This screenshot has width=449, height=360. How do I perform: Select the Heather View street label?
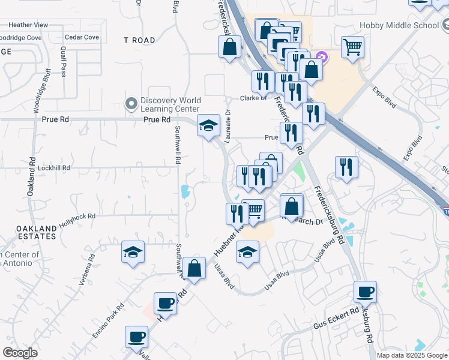pyautogui.click(x=28, y=25)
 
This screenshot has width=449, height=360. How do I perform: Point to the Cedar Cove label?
pyautogui.click(x=82, y=37)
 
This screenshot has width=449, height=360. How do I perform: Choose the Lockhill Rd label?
pyautogui.click(x=54, y=169)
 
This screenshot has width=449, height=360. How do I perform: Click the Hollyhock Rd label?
pyautogui.click(x=77, y=220)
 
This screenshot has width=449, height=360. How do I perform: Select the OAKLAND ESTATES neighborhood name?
pyautogui.click(x=36, y=233)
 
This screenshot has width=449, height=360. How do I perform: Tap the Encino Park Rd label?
pyautogui.click(x=109, y=322)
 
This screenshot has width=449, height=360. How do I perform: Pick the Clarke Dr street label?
pyautogui.click(x=253, y=98)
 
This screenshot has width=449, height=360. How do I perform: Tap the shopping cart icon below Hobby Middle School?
pyautogui.click(x=352, y=46)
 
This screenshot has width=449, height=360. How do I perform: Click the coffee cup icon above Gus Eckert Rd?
pyautogui.click(x=365, y=292)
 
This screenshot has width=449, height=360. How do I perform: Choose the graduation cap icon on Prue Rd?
pyautogui.click(x=208, y=125)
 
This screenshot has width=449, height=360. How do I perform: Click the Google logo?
pyautogui.click(x=20, y=353)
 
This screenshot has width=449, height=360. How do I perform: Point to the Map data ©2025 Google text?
pyautogui.click(x=412, y=355)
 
